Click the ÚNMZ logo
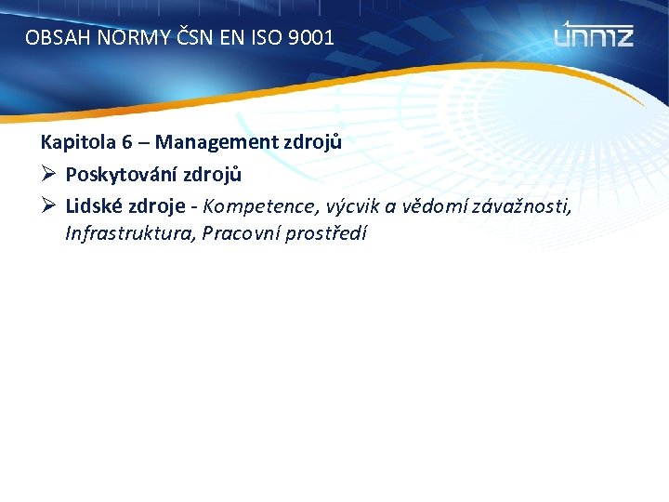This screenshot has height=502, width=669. point(595,34)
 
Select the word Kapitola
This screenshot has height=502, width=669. point(72,142)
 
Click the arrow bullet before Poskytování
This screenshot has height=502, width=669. point(48,173)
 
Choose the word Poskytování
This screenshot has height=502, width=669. point(121,174)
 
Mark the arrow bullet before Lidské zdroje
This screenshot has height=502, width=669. point(48,204)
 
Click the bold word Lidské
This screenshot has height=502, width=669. point(93,204)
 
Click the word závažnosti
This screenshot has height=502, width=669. point(520,205)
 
